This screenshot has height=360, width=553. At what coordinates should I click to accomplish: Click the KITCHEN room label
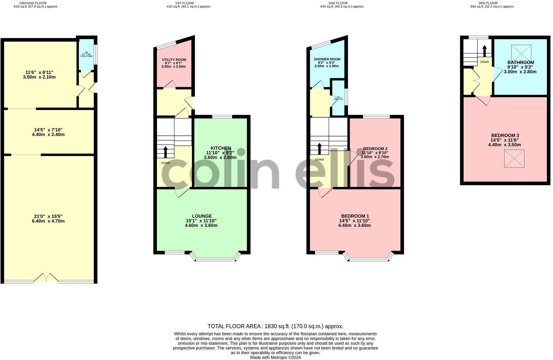[221, 148]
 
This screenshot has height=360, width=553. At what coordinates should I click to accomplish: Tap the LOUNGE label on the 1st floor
[202, 216]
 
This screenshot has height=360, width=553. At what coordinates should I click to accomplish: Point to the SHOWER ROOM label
[327, 59]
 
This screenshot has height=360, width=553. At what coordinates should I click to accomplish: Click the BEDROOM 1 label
[355, 216]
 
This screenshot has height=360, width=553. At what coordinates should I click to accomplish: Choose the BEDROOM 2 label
[375, 149]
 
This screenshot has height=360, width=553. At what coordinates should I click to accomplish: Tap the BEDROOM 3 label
[505, 135]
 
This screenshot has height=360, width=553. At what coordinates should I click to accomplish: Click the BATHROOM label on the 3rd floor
[521, 62]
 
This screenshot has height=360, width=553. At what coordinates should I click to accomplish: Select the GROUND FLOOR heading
[33, 3]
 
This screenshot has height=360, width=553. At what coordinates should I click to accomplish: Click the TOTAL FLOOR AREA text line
[275, 327]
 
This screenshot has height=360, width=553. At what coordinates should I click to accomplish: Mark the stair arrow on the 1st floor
[165, 152]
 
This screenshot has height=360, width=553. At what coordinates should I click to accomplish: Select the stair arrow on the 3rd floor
[484, 51]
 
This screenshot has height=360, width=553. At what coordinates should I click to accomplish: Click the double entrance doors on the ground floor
[46, 278]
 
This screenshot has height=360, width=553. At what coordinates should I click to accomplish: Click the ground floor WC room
[86, 55]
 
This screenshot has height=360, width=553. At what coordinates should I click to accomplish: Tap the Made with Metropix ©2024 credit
[275, 357]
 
